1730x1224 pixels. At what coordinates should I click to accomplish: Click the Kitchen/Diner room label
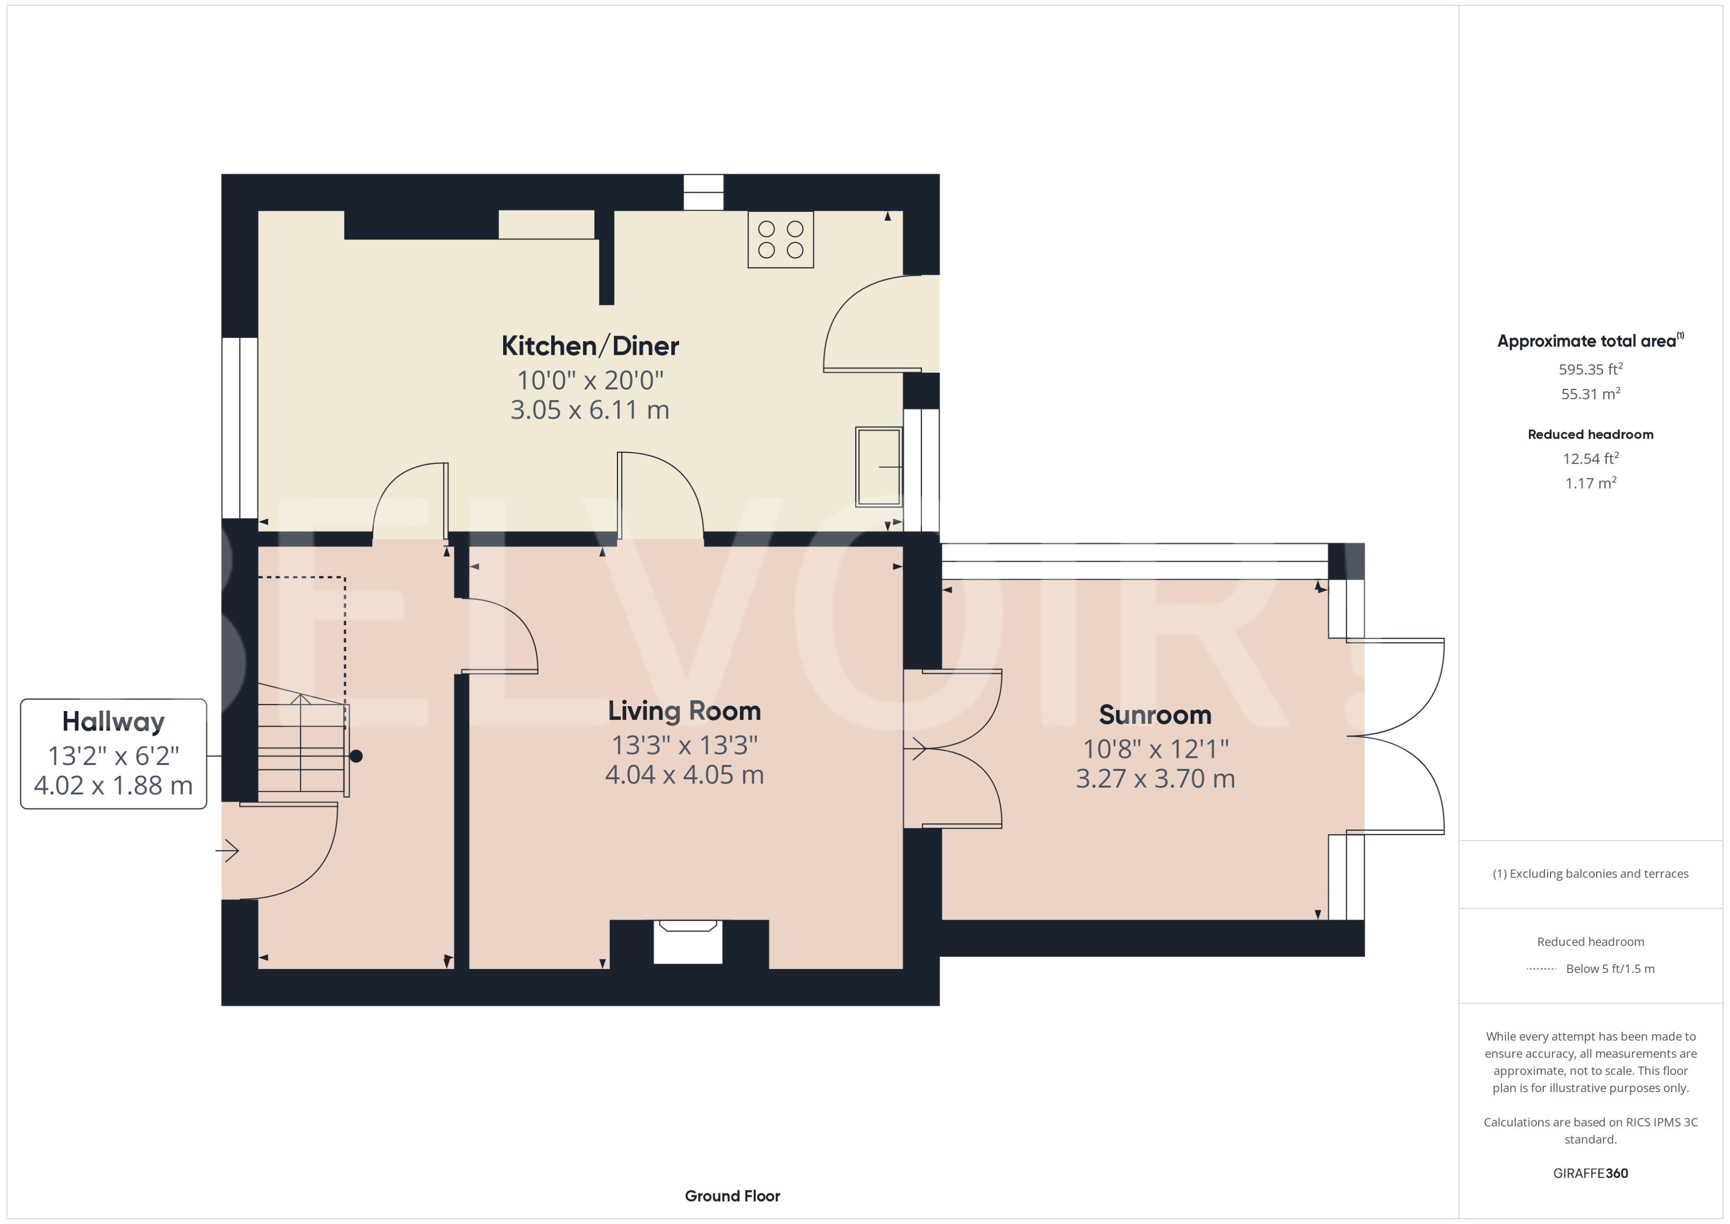590,346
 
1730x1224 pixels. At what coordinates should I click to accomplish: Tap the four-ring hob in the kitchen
780,240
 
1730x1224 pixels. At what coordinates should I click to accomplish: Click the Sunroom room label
1155,715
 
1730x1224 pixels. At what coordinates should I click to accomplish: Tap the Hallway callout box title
113,721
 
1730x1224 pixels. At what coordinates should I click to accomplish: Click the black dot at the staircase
356,756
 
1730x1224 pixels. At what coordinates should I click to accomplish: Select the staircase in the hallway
302,742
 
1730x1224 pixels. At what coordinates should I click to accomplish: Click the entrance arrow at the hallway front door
228,851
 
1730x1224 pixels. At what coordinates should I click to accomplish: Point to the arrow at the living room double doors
918,749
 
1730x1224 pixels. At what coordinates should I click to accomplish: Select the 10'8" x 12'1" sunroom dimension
1155,749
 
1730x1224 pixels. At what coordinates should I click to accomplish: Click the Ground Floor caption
732,1195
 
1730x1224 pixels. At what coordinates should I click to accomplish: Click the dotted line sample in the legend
1541,969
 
